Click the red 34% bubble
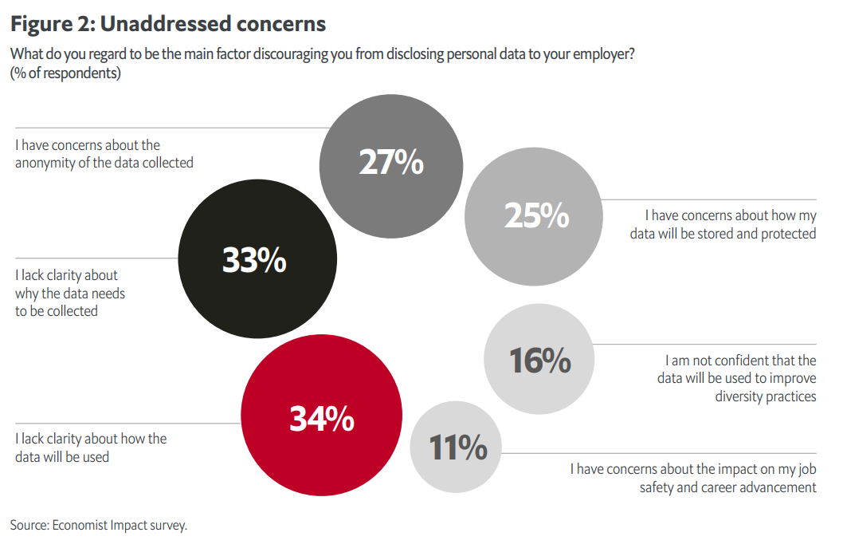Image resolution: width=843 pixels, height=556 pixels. tap(322, 417)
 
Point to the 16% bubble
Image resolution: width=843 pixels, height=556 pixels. tap(539, 360)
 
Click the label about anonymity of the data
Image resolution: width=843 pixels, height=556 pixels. tap(104, 154)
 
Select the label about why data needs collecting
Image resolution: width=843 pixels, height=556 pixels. tap(70, 293)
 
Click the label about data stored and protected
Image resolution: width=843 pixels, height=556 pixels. tap(730, 224)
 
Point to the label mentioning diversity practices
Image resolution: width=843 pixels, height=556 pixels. tap(736, 378)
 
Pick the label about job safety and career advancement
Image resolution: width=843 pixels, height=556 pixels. tap(692, 478)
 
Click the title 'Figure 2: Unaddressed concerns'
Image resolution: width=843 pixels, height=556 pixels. tap(168, 24)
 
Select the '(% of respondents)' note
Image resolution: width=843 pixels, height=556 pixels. tap(65, 73)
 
